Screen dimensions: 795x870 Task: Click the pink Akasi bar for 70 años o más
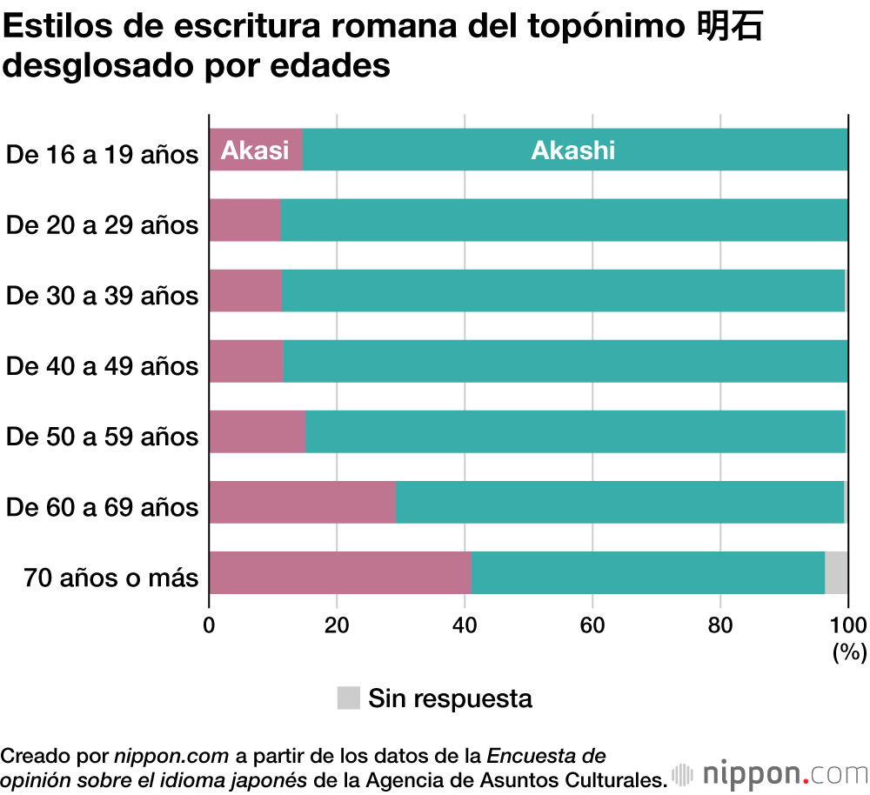pos(339,572)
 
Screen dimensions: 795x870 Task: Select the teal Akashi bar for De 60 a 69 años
pos(619,502)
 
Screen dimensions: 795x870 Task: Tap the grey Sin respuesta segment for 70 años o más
pos(836,572)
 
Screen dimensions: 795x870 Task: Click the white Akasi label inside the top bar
pos(254,150)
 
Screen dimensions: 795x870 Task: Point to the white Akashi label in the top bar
pos(572,150)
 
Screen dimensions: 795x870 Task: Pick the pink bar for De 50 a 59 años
pos(258,431)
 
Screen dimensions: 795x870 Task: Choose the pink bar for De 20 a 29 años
pos(245,220)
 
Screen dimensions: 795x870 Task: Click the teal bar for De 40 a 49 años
pos(565,361)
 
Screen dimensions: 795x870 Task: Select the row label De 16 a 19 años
pos(103,156)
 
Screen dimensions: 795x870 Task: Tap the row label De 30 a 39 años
pos(103,296)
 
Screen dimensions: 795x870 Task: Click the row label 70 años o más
pos(111,578)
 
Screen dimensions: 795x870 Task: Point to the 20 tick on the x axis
pos(337,624)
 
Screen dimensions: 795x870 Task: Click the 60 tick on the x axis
pos(592,624)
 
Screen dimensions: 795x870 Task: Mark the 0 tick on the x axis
pos(209,624)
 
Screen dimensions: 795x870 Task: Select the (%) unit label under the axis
pos(849,651)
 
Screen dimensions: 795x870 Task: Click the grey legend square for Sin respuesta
pos(348,698)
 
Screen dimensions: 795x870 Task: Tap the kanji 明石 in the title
pos(731,28)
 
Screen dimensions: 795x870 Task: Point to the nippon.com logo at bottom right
pos(770,773)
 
